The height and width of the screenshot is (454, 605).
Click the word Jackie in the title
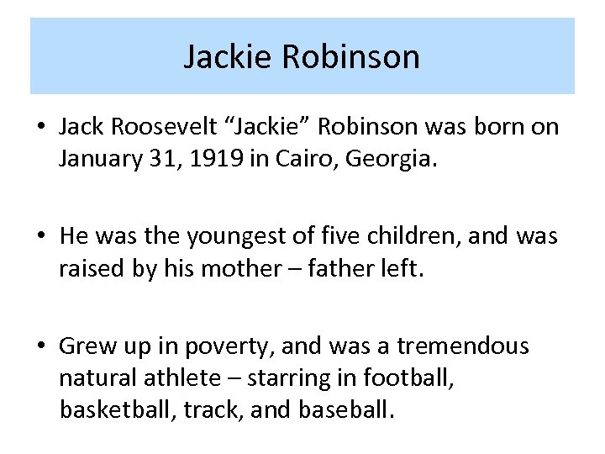[228, 57]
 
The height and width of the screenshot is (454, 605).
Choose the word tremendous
[463, 346]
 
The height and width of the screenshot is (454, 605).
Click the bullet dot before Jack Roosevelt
[40, 127]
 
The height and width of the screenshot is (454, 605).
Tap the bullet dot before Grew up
[40, 346]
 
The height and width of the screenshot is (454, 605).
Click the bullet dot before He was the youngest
[40, 237]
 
